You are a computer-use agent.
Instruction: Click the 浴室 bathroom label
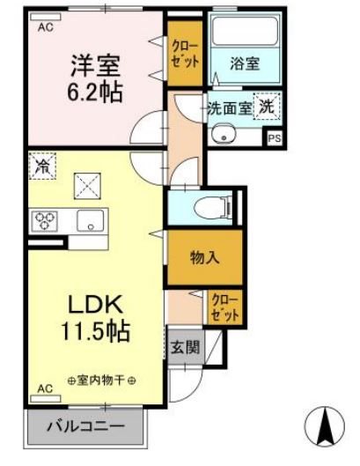click(x=244, y=63)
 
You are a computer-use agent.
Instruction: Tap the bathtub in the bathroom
click(x=244, y=35)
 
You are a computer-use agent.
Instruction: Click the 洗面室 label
click(x=229, y=109)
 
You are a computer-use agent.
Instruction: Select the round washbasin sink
click(x=226, y=135)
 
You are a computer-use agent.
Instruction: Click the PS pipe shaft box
click(x=275, y=138)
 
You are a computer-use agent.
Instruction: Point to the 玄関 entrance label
click(x=185, y=347)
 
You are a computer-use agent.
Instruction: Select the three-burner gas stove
click(x=44, y=219)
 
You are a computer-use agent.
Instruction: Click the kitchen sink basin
click(x=91, y=219)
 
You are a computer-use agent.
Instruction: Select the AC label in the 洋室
click(x=44, y=26)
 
